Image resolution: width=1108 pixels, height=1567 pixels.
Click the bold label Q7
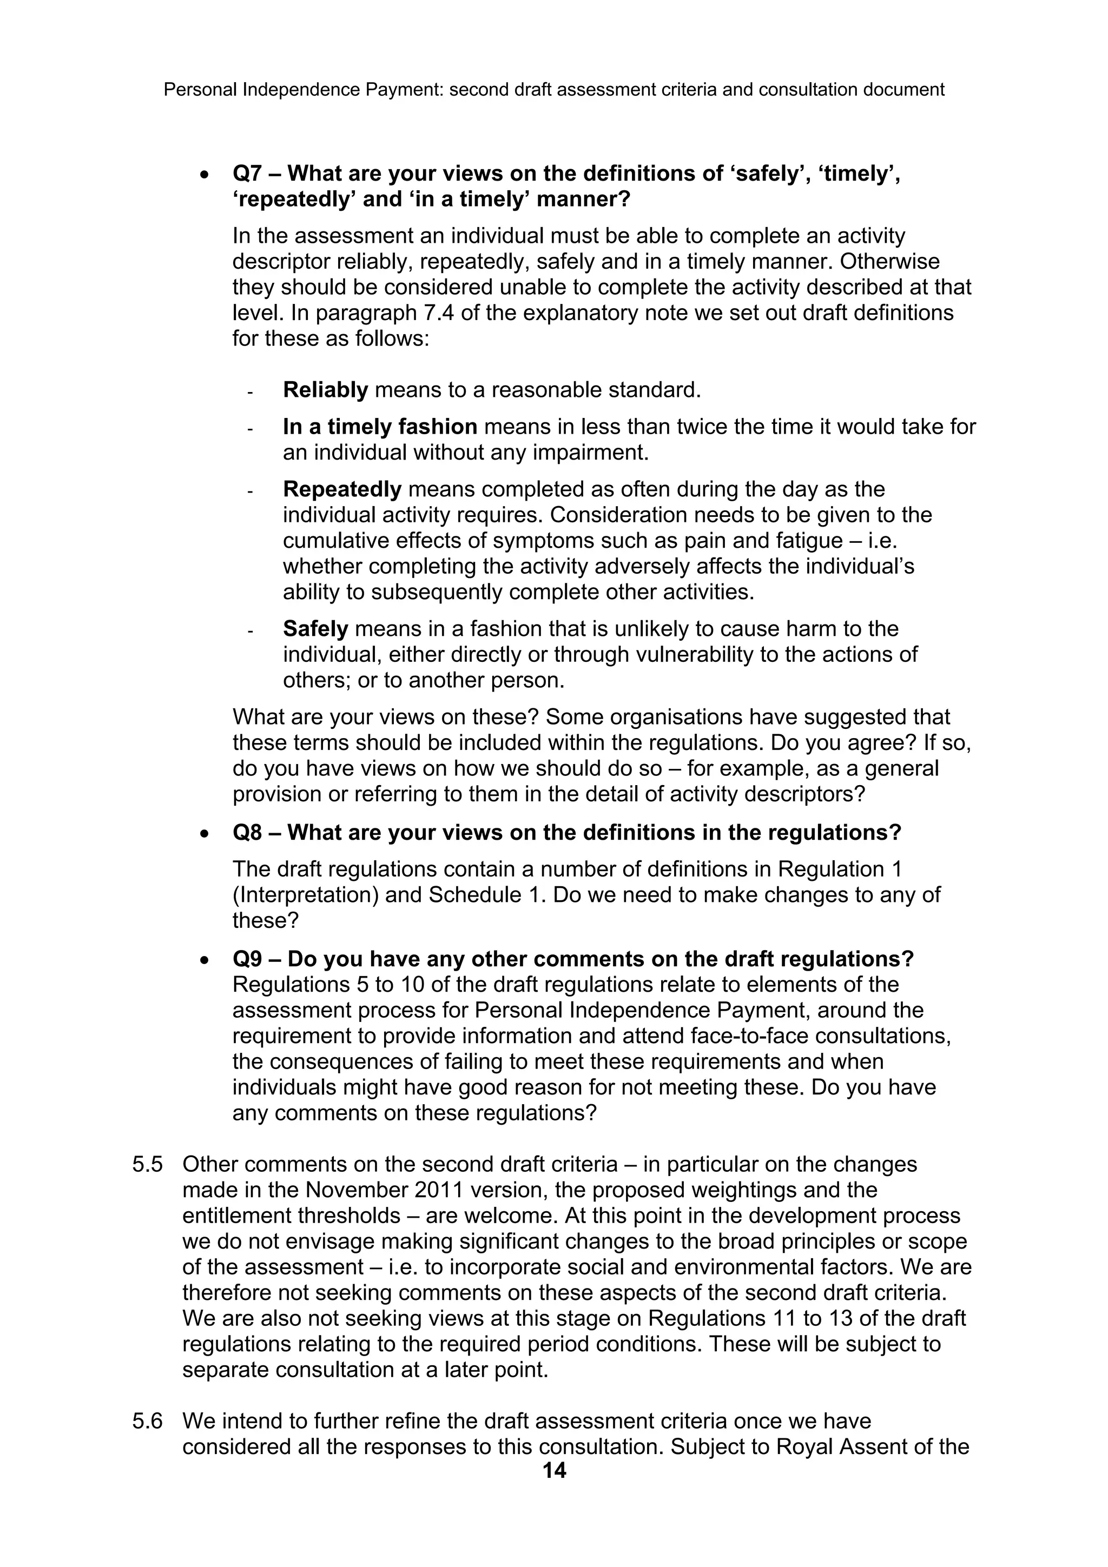(x=247, y=174)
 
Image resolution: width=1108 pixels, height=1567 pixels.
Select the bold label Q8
(x=247, y=833)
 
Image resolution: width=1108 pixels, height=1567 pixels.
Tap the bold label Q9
(x=247, y=959)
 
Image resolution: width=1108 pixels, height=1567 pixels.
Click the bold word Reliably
(x=326, y=390)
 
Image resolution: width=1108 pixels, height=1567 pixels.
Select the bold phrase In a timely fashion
(x=380, y=427)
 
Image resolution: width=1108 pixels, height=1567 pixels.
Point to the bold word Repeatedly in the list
(x=342, y=489)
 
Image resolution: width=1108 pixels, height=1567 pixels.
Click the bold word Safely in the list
(x=315, y=628)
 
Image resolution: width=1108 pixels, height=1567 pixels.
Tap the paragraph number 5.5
(x=147, y=1164)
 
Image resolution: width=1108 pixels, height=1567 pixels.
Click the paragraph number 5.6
(x=147, y=1421)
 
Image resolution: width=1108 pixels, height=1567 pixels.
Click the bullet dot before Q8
(x=204, y=834)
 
